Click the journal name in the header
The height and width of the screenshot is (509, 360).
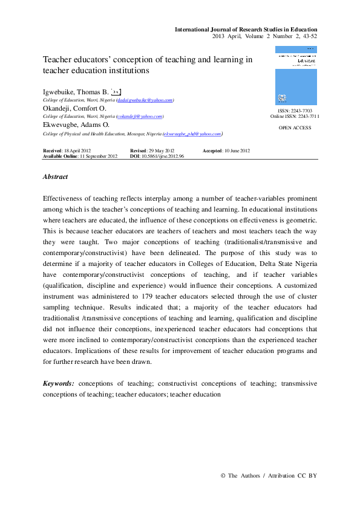tap(246, 30)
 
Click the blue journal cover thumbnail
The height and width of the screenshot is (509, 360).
tap(296, 76)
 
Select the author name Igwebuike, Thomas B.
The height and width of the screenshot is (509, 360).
tap(80, 90)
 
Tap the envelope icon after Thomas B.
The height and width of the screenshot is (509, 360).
tap(125, 90)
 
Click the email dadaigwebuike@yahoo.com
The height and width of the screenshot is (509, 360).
tap(145, 99)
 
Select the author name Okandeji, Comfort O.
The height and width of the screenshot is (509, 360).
tap(74, 108)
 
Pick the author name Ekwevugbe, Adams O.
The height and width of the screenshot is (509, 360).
tap(76, 125)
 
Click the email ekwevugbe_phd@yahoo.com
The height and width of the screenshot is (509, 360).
tap(191, 134)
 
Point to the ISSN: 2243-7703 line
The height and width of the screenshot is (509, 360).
tap(295, 111)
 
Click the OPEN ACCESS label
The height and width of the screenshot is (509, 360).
tap(295, 128)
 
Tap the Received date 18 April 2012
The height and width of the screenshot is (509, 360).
tap(67, 151)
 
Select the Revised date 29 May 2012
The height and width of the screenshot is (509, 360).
tap(152, 151)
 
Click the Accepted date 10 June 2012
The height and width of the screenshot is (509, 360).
tap(226, 151)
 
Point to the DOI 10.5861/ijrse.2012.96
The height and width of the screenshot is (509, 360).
tap(157, 156)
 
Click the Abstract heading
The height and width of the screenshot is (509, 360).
tap(55, 177)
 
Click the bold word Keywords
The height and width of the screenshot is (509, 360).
tap(59, 384)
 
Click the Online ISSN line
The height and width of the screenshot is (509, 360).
tap(295, 117)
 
